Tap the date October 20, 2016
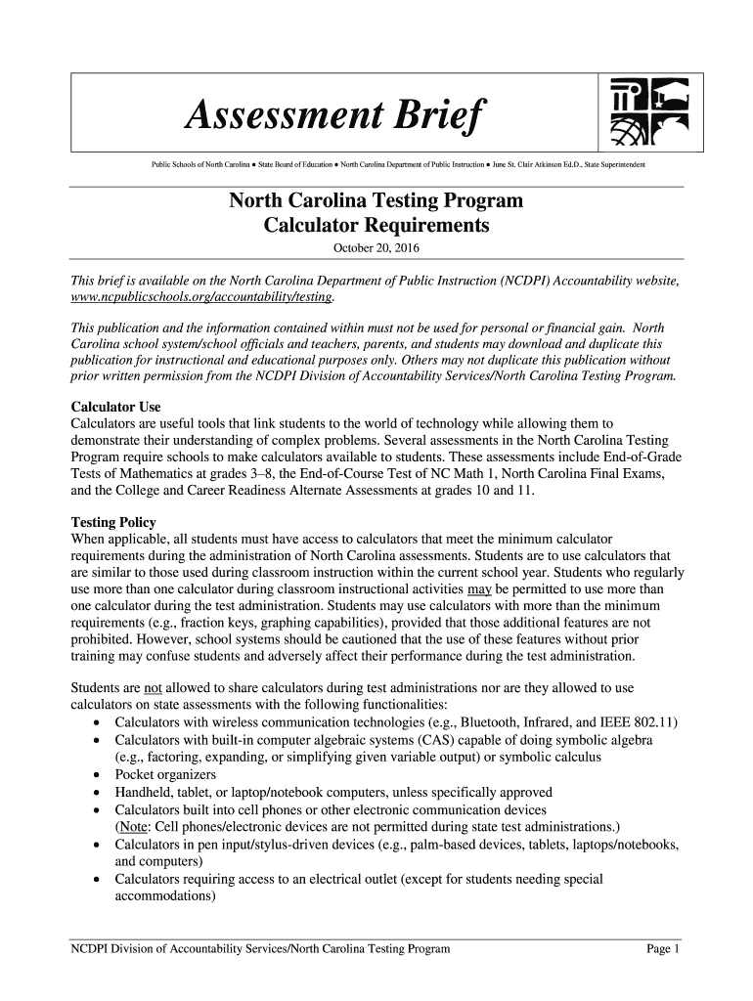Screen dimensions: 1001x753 point(376,248)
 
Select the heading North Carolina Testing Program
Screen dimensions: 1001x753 point(376,201)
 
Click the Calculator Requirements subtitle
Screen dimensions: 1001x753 point(376,226)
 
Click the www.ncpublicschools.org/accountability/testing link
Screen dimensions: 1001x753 point(202,295)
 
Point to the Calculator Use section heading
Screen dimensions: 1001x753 point(116,407)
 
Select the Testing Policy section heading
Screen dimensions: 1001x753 point(113,523)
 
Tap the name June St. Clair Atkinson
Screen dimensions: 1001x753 point(543,166)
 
